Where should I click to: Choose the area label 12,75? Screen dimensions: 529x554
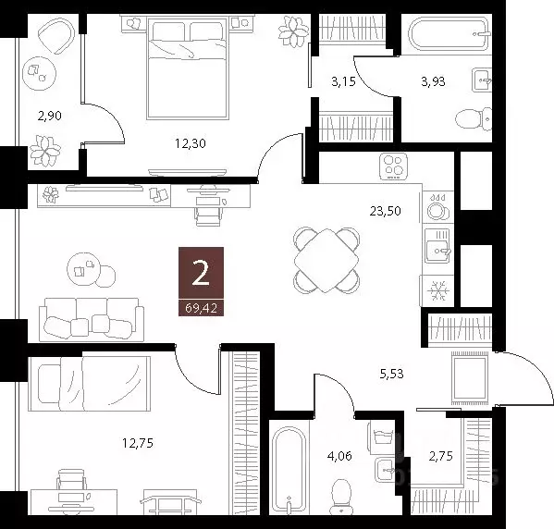point(135,442)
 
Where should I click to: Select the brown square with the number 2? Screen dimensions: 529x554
point(200,274)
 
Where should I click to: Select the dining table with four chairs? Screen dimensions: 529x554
point(326,260)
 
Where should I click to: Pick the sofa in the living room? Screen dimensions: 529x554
point(90,319)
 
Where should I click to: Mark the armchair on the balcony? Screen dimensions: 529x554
point(56,37)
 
